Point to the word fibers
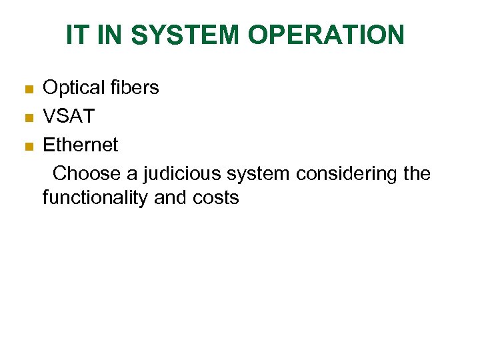[135, 87]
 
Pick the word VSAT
[69, 117]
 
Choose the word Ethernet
[80, 145]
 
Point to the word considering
[345, 174]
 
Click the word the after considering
[417, 174]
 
